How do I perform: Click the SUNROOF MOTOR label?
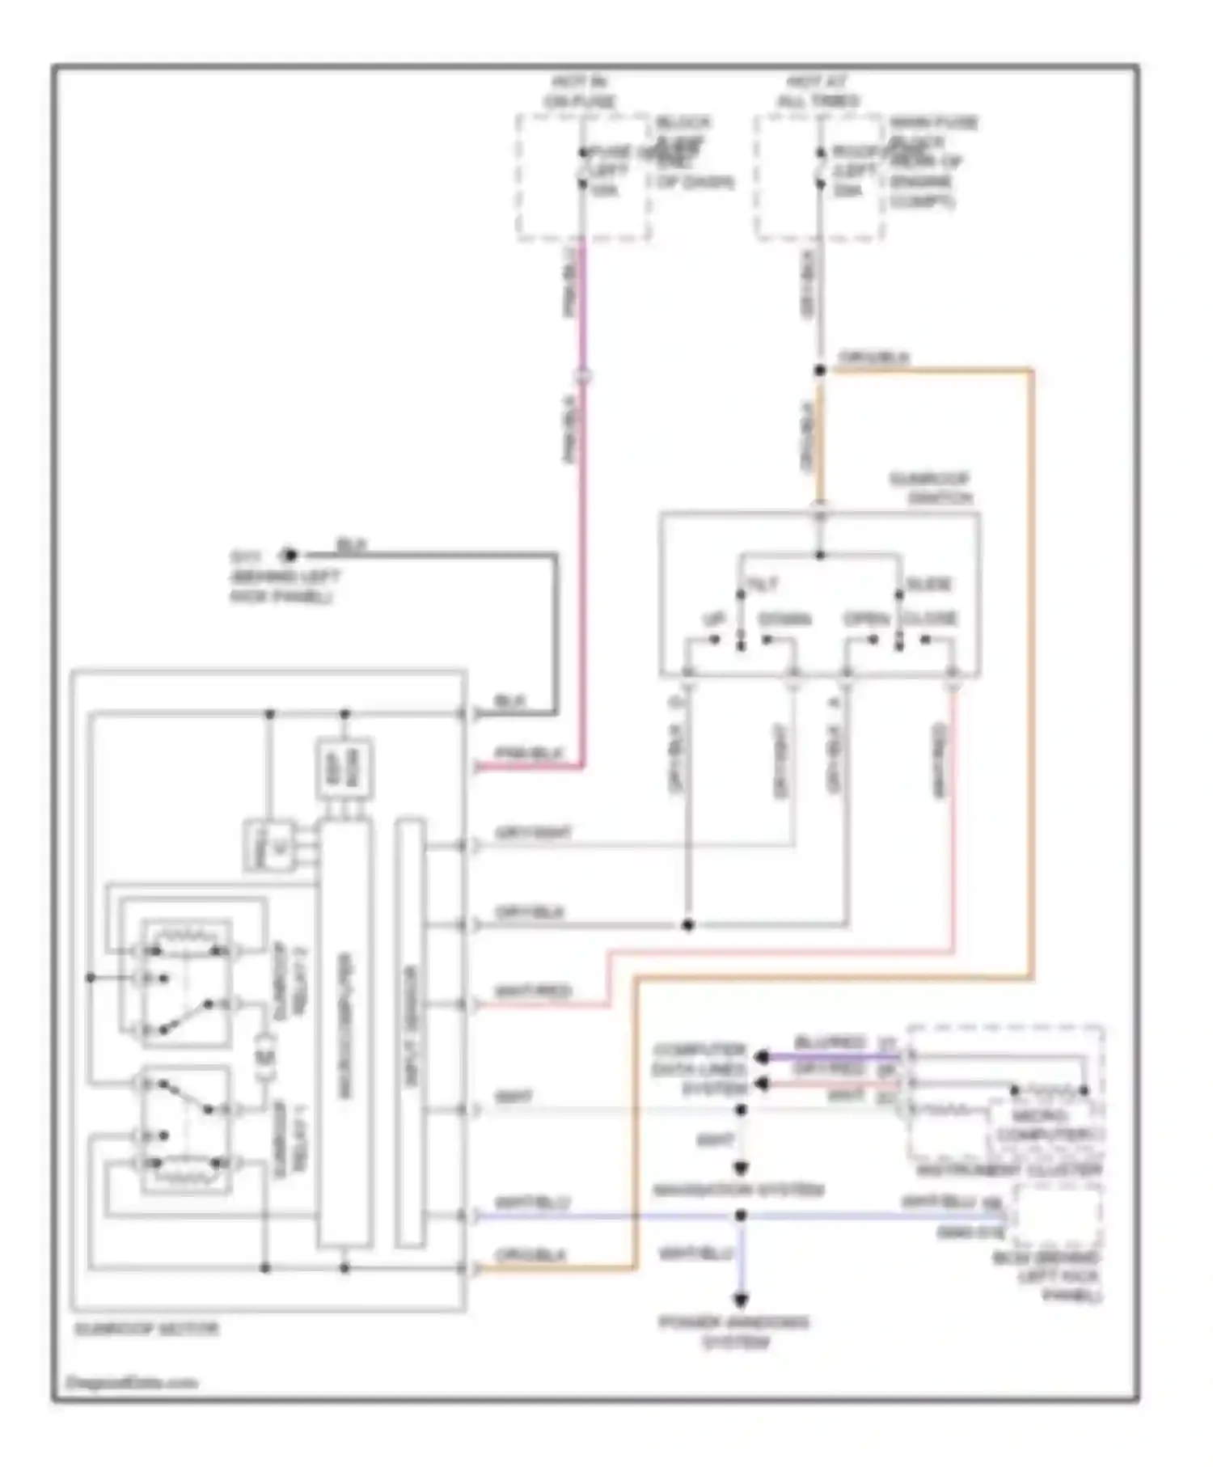[x=146, y=1329]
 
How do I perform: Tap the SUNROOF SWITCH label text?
[x=931, y=488]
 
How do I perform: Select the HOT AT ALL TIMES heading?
[x=818, y=92]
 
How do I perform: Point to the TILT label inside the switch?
[x=763, y=584]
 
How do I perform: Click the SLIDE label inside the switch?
[x=928, y=584]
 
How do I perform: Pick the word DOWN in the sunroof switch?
[x=784, y=619]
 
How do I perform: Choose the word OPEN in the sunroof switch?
[x=866, y=619]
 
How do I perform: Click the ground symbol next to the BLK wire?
[x=289, y=555]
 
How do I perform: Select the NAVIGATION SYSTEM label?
[x=738, y=1190]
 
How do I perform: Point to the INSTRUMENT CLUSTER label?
[x=1009, y=1171]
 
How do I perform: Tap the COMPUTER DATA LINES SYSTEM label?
[x=700, y=1069]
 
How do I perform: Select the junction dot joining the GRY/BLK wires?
[x=688, y=924]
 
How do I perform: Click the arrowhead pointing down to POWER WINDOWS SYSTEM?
[x=740, y=1300]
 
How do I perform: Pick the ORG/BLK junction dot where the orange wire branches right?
[x=819, y=370]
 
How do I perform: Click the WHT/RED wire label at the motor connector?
[x=533, y=991]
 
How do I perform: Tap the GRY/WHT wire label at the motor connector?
[x=534, y=831]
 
